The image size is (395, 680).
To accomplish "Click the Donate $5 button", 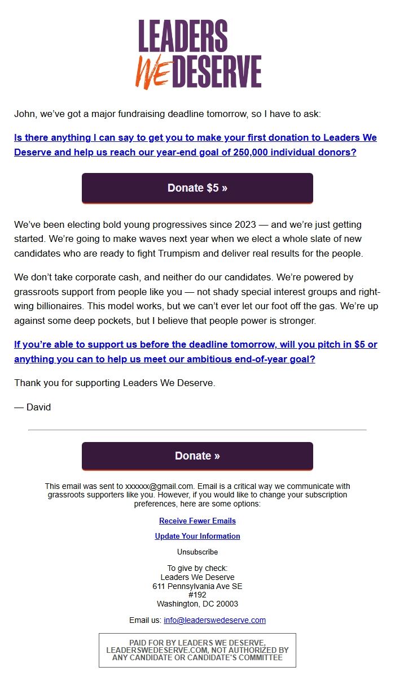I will coord(197,188).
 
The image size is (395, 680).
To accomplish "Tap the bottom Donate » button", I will coord(197,456).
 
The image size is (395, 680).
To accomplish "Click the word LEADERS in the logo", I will coord(183,36).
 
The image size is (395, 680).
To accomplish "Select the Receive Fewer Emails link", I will coord(197,521).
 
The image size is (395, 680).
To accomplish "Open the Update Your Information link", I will coord(197,536).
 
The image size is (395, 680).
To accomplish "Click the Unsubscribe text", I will coord(197,552).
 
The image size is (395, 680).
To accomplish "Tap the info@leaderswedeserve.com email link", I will coord(214,620).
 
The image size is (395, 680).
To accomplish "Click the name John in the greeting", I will coord(24,114).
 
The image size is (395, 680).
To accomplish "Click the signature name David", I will coord(38,407).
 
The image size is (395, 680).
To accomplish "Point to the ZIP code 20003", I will coord(226,604).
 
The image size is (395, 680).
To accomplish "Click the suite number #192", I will coord(197,595).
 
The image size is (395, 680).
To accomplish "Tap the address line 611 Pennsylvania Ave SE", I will coord(197,586).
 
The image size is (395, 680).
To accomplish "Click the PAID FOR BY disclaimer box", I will coord(197,650).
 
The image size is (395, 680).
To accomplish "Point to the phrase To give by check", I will coord(197,568).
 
